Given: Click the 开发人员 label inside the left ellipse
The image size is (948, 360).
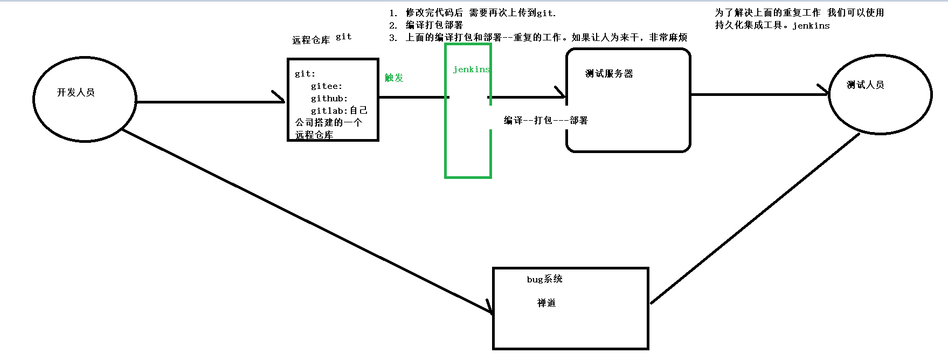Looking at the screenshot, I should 76,93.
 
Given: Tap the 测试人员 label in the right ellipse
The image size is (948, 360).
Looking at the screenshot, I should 865,85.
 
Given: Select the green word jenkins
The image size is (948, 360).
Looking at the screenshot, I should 471,70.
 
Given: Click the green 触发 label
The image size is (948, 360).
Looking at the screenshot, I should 394,78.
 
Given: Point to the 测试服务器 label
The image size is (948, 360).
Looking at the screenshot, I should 609,74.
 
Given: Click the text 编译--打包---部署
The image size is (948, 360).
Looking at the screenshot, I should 545,121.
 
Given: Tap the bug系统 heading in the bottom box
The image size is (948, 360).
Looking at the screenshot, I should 544,279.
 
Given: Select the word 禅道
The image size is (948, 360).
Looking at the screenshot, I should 546,303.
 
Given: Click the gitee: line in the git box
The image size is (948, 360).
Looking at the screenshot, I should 326,86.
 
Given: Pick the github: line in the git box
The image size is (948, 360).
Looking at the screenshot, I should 329,99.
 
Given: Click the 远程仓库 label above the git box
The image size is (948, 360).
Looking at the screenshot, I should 311,40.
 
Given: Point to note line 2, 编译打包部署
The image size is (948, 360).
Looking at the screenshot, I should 434,25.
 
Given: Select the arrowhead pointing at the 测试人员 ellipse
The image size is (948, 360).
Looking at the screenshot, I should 824,91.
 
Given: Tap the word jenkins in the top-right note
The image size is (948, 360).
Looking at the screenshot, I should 811,26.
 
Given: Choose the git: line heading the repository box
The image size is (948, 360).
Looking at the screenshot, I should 305,74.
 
